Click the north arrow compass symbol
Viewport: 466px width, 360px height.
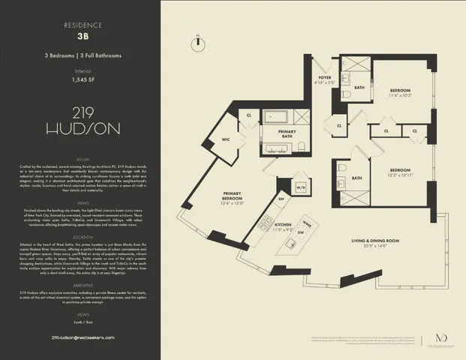(x=197, y=42)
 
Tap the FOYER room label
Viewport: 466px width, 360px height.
(x=325, y=77)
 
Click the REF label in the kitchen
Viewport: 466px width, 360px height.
(x=281, y=199)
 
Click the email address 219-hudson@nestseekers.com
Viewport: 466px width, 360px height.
(x=80, y=338)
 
